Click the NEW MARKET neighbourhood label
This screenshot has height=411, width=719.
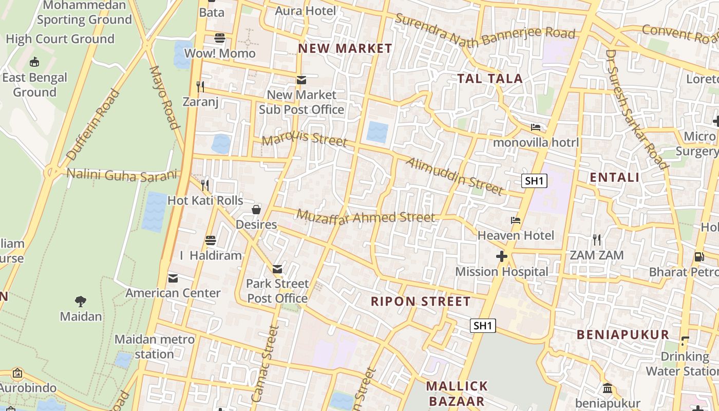point(345,49)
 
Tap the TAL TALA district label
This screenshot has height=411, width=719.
point(490,79)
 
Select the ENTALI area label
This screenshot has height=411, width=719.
point(614,178)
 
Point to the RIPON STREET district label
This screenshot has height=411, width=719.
point(421,302)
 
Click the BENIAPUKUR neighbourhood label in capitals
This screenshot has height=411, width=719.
point(623,335)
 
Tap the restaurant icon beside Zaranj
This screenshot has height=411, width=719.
point(200,86)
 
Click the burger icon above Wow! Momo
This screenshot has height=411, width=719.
point(220,38)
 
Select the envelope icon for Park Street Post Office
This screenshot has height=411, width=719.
point(277,269)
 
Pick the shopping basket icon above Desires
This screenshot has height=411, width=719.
point(256,210)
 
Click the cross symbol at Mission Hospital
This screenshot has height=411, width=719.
point(502,256)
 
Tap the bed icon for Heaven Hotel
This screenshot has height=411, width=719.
point(516,220)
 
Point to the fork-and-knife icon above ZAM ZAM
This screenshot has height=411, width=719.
point(596,239)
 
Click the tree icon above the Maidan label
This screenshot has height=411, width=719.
point(81,301)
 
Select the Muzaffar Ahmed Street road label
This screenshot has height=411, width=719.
point(366,217)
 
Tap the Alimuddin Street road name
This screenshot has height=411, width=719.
point(454,176)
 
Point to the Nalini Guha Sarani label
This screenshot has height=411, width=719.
point(122,175)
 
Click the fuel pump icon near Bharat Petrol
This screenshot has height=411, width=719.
point(699,256)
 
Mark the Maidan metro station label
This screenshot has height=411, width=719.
point(155,347)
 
